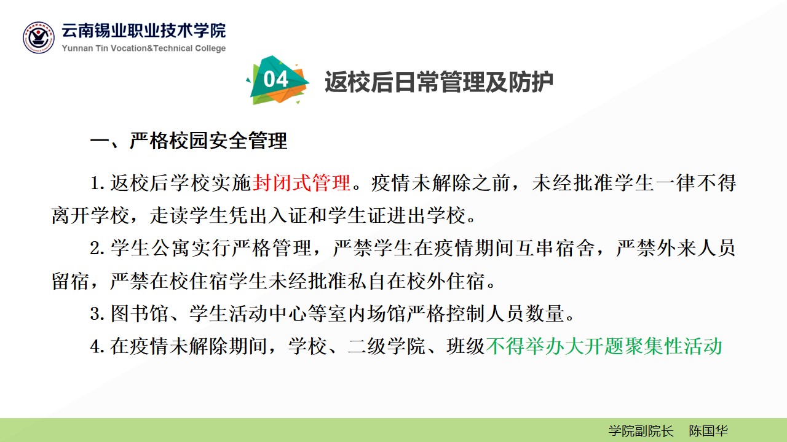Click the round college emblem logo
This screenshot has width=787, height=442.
pos(39,37)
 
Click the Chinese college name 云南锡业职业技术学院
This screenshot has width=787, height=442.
pos(144,31)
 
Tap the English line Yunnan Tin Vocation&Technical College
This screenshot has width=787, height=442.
pos(144,48)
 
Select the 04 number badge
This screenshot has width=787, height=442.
pos(277,80)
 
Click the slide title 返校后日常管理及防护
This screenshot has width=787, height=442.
pos(439,82)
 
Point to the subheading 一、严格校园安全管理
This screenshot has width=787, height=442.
pos(189,141)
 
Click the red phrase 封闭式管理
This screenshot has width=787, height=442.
pos(301,183)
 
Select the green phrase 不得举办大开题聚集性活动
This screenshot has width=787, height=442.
pos(604,346)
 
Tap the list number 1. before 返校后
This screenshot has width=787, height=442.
pos(97,184)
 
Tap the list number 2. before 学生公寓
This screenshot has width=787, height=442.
pos(97,249)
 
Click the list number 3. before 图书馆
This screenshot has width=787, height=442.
pos(97,314)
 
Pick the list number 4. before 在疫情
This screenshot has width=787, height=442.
pos(97,347)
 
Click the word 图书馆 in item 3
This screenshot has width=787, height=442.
pos(140,313)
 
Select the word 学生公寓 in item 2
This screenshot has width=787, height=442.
pos(150,248)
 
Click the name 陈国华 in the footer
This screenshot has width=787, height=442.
pos(708,431)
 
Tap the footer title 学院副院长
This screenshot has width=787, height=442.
pos(641,431)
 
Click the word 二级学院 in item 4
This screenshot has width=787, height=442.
pos(387,346)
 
